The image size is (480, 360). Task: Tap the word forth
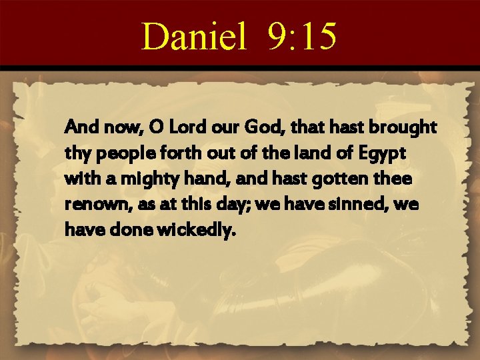click(x=172, y=153)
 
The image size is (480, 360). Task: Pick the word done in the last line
click(x=124, y=231)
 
